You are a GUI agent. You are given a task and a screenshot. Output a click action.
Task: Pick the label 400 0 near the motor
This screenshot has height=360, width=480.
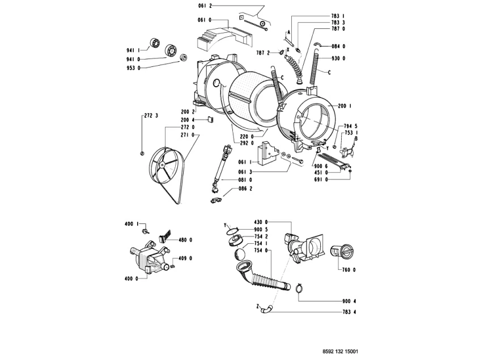coord(131,278)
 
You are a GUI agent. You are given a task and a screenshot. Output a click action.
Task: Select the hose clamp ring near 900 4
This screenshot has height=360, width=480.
coord(299,290)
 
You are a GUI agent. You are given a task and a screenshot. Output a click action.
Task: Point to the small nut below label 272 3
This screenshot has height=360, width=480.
coord(141,153)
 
